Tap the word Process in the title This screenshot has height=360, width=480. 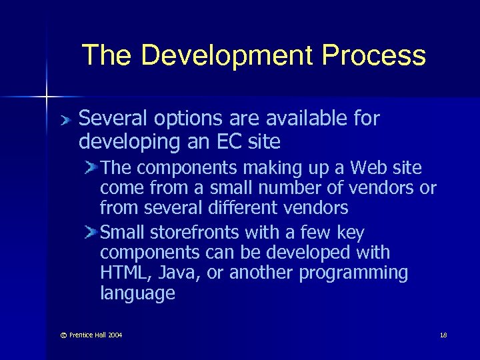point(373,56)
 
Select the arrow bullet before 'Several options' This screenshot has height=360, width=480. point(64,120)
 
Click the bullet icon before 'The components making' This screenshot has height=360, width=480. point(91,167)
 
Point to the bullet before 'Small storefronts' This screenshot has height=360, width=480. point(91,232)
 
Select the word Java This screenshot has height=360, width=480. point(175,273)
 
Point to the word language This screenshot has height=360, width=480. point(137,293)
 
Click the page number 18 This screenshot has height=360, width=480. point(443,335)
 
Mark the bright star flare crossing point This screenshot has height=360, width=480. point(47,97)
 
